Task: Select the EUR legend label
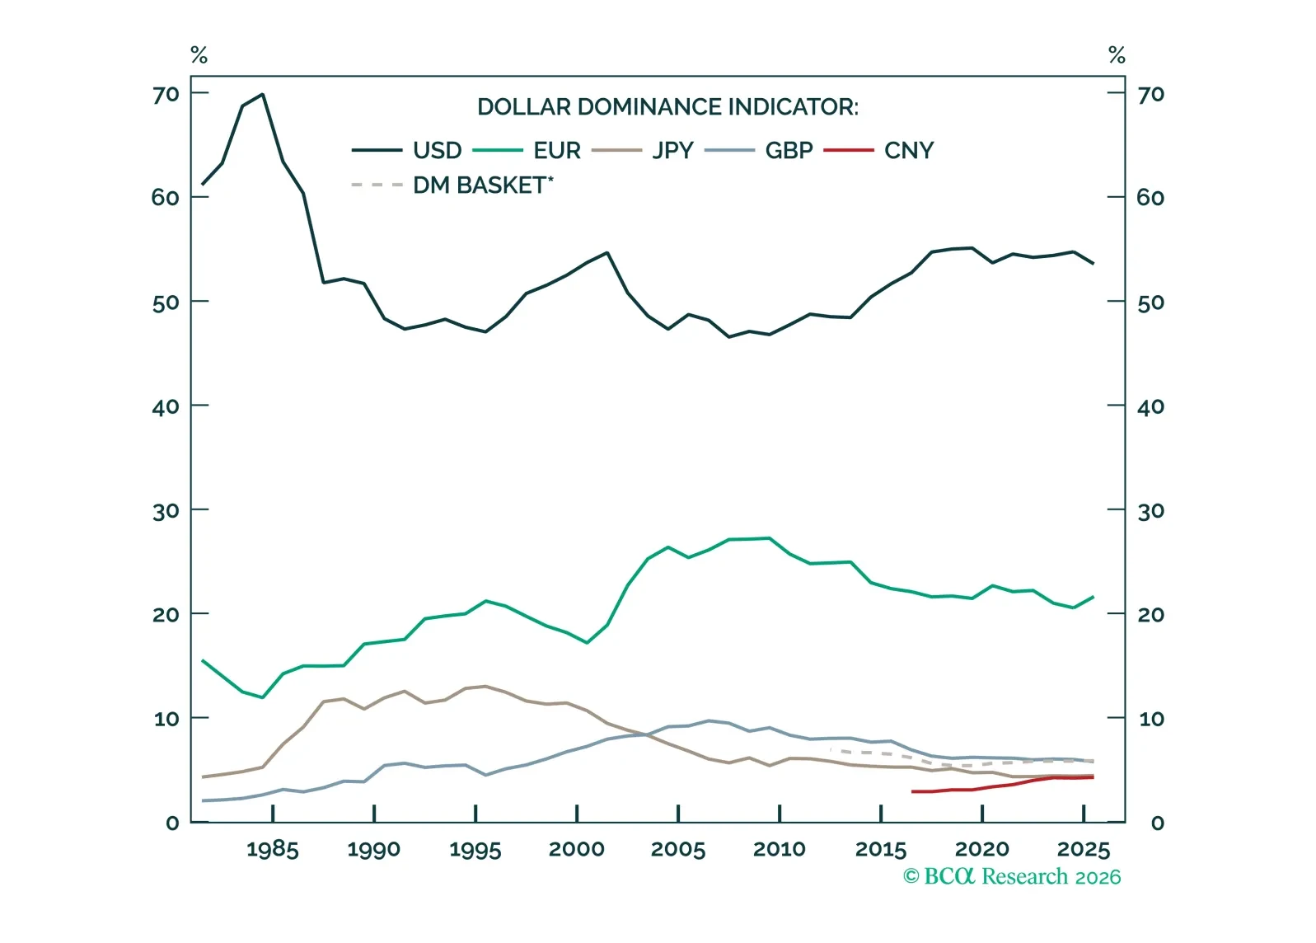click(x=557, y=151)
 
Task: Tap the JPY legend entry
click(x=672, y=151)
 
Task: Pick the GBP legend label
click(x=789, y=151)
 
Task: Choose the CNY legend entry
click(x=909, y=151)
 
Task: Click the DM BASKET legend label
click(x=482, y=185)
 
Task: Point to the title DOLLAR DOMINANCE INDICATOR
click(x=667, y=107)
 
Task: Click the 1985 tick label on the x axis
click(x=273, y=850)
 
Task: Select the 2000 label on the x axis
click(x=577, y=850)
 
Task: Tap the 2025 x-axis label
click(x=1084, y=850)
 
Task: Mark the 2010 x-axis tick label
click(x=780, y=850)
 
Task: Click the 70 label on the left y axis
click(x=166, y=95)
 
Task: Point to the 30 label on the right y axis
click(x=1151, y=512)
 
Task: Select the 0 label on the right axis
click(x=1157, y=823)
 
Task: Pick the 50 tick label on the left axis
click(x=166, y=303)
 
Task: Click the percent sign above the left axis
click(x=199, y=55)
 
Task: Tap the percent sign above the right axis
click(x=1117, y=55)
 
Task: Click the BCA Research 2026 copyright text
click(x=1012, y=877)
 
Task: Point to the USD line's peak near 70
click(x=262, y=94)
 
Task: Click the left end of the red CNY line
click(x=913, y=791)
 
